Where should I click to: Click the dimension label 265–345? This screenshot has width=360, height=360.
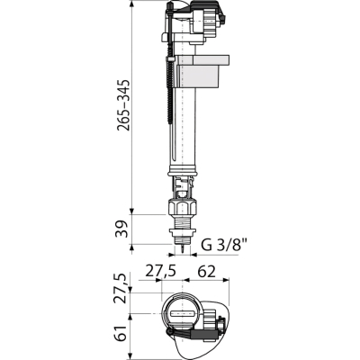[123, 105]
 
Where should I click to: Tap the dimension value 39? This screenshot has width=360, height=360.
[123, 229]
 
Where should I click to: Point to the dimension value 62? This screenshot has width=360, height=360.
[207, 272]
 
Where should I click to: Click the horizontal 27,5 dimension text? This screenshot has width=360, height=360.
[160, 272]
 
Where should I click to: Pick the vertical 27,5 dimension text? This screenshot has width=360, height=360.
[123, 289]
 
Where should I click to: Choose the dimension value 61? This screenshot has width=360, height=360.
[123, 333]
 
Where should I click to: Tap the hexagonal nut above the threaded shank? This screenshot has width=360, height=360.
[182, 208]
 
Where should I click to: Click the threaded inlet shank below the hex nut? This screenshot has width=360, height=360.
[182, 222]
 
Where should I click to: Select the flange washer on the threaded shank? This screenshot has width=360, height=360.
[182, 233]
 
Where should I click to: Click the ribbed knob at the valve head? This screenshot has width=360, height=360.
[209, 20]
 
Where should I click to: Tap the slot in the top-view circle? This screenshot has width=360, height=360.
[182, 314]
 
